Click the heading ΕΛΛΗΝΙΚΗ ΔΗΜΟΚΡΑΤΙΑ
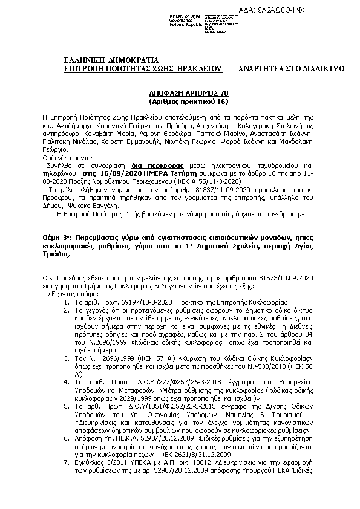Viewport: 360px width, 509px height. click(x=111, y=59)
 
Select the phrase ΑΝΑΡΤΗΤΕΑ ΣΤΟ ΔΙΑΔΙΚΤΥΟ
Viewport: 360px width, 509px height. click(x=291, y=69)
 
